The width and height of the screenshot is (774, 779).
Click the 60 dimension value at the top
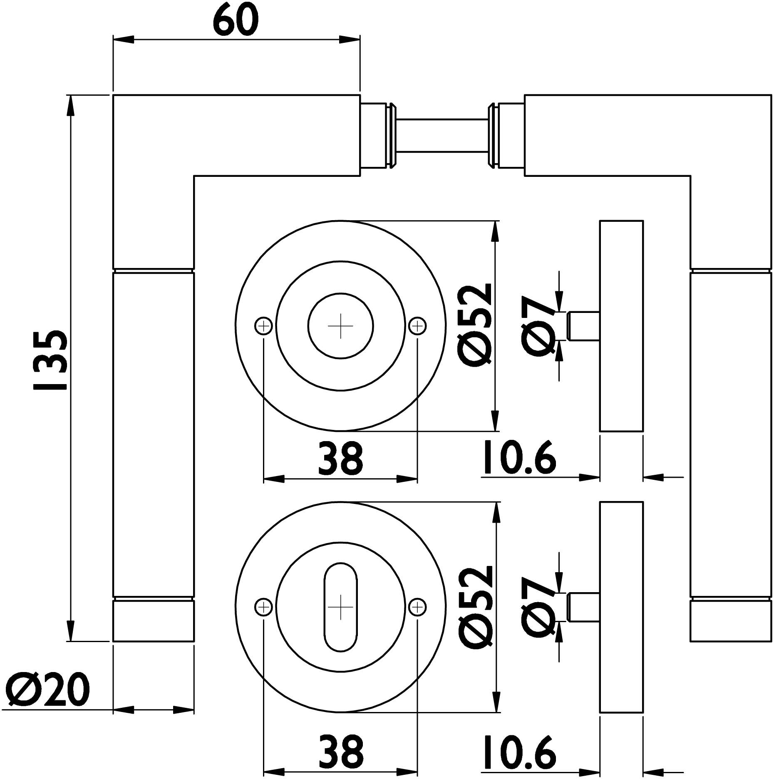pyautogui.click(x=236, y=20)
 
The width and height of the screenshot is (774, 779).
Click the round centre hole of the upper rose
pyautogui.click(x=340, y=326)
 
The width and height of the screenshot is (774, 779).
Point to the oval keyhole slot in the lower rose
pyautogui.click(x=340, y=608)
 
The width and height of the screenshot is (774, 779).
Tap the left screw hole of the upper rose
pyautogui.click(x=263, y=326)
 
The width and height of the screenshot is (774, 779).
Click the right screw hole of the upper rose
pyautogui.click(x=417, y=326)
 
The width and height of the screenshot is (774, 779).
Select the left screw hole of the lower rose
pyautogui.click(x=263, y=608)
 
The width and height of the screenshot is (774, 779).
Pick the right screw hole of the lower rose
pyautogui.click(x=417, y=608)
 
